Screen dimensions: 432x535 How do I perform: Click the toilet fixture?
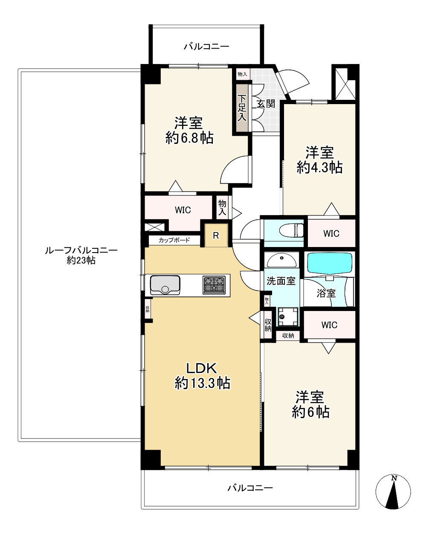coord(291,230)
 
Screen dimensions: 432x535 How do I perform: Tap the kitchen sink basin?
coord(165,285)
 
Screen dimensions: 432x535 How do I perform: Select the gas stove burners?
coord(214,285)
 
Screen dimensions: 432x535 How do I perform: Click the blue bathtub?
coord(329,263)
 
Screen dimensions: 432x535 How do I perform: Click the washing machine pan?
coord(288,317)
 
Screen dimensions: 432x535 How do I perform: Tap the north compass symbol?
coord(393,492)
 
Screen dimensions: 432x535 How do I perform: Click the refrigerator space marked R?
coord(216,236)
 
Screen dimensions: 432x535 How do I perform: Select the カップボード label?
coord(174,240)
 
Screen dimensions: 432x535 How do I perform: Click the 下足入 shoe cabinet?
coord(242,108)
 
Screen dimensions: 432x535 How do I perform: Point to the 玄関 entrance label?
coord(266,104)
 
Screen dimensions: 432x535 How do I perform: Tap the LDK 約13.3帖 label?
coord(202,376)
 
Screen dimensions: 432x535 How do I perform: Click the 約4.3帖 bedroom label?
coord(319,160)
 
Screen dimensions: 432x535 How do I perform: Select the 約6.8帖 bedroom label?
coord(189,130)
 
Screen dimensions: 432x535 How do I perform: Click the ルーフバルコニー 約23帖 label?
coord(81,256)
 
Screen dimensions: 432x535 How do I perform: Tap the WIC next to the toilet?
coord(331,233)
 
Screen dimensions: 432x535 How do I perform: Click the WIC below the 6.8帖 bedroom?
coord(183,210)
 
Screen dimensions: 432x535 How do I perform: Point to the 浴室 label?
coord(326,293)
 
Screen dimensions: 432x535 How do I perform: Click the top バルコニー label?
coord(206,47)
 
